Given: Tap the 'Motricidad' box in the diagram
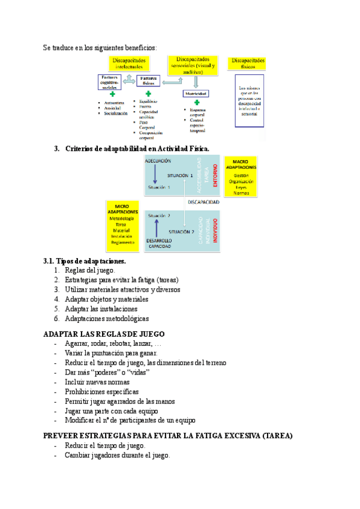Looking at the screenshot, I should (x=196, y=94).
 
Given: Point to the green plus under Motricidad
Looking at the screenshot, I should (x=196, y=103).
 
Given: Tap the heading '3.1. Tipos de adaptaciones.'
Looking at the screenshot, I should (x=85, y=261).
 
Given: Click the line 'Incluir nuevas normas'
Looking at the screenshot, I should (x=98, y=382).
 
